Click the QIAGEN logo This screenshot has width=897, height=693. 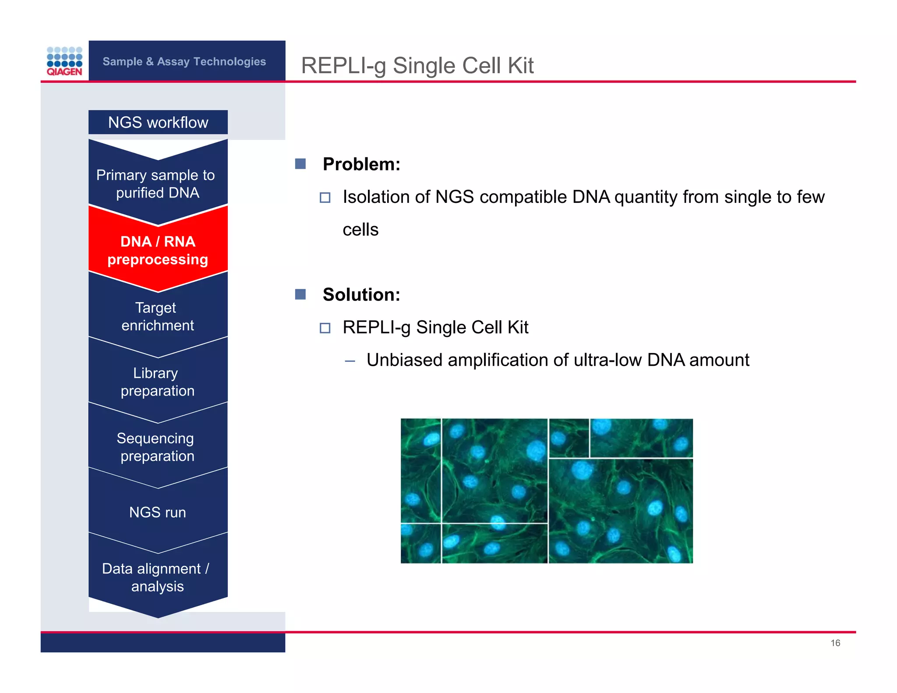pos(64,61)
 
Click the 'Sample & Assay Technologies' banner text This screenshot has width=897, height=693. pos(184,61)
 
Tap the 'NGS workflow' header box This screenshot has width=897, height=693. pos(158,122)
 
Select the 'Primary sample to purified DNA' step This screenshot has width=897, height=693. pos(156,184)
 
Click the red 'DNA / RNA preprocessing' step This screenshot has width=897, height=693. pos(158,251)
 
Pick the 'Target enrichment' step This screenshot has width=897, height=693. pos(157,316)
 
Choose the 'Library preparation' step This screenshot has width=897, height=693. pos(157,382)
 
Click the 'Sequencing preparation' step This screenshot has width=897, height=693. pos(156,447)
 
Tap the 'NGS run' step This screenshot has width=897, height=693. pos(157,512)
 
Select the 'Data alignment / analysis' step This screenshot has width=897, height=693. pos(156,577)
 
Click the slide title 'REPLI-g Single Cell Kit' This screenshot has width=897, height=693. pos(417,66)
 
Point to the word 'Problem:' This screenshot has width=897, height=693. pos(361,164)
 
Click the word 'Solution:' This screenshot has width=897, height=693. pos(361,294)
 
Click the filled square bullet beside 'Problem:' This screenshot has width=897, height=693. pos(300,164)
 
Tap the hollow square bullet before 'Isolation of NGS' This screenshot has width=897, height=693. pos(325,198)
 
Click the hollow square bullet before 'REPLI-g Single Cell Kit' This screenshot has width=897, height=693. pos(325,328)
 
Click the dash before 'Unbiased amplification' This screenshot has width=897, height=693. pos(350,361)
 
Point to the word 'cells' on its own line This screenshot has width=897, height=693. pos(360,230)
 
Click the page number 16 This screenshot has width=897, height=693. pos(835,643)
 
